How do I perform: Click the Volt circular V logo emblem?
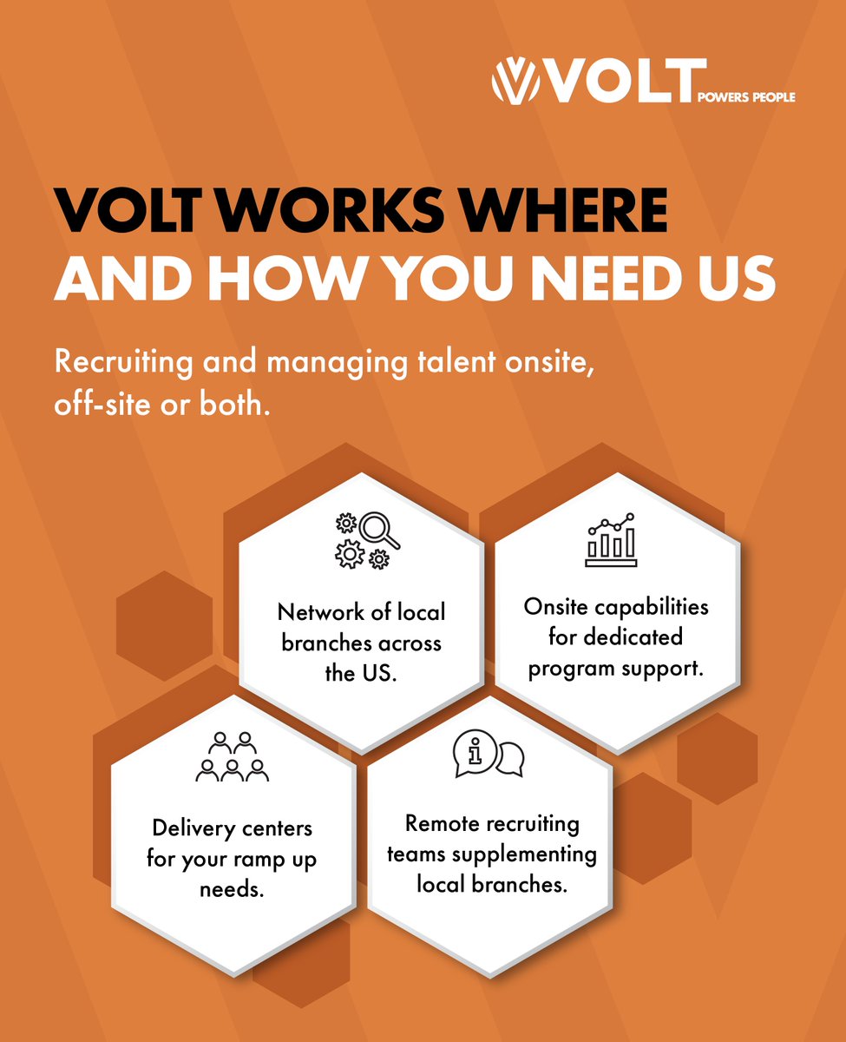(x=511, y=80)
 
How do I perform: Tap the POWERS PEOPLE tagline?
(x=746, y=97)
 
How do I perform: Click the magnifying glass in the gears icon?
(x=379, y=529)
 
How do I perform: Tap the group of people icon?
(x=233, y=757)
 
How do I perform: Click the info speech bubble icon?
(x=475, y=753)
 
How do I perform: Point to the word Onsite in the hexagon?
(x=556, y=606)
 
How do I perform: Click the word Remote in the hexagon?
(x=439, y=823)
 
